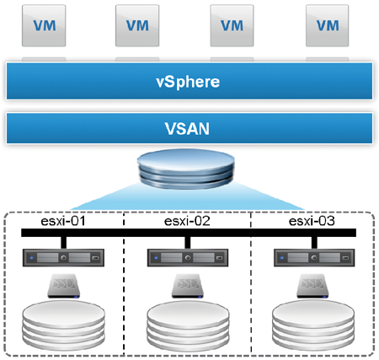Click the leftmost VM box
point(44,25)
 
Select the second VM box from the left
point(137,25)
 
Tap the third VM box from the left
point(232,25)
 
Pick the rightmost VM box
point(328,25)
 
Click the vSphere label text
point(188,82)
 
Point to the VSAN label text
point(187,129)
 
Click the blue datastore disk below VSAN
point(186,169)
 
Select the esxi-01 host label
point(63,221)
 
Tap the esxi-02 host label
point(187,221)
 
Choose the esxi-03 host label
point(312,221)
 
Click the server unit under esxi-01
point(63,257)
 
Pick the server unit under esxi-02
point(188,257)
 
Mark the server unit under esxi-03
point(314,257)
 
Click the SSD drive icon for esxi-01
point(64,286)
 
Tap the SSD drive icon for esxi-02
point(188,286)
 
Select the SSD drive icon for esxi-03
point(312,286)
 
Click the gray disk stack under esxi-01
point(63,325)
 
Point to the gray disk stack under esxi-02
point(188,325)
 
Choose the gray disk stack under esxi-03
point(313,325)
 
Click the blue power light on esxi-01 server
point(32,258)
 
